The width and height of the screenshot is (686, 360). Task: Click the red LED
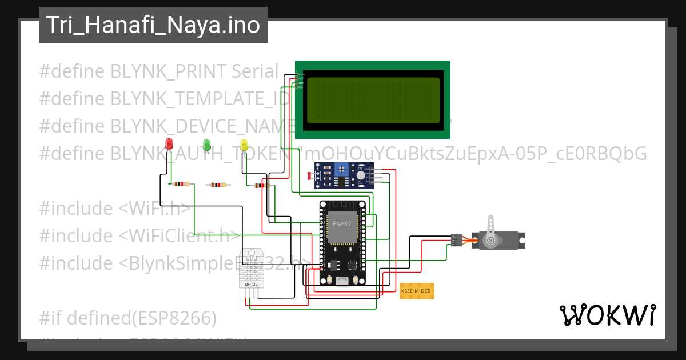[169, 143]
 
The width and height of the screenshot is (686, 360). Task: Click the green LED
[206, 144]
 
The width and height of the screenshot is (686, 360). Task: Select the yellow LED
[244, 144]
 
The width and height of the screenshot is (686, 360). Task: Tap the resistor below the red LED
[180, 184]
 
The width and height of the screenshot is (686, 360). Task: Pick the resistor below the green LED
[218, 185]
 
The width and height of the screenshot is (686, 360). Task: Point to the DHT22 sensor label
[250, 284]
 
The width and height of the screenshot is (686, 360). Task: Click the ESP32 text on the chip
[342, 224]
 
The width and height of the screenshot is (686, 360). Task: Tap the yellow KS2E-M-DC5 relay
[417, 291]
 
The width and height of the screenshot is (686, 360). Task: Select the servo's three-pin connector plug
[456, 240]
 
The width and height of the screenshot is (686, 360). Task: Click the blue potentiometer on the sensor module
[342, 169]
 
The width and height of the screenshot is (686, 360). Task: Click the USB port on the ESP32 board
[342, 281]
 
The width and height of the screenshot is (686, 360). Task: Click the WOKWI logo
[607, 315]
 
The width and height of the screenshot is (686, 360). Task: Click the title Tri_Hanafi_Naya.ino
[153, 25]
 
